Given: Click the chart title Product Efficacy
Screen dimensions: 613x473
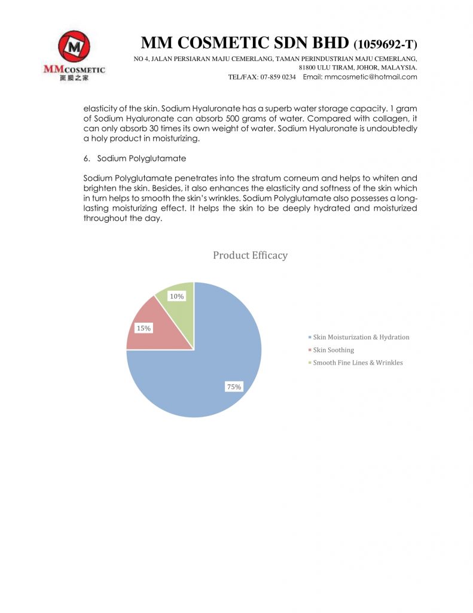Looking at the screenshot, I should pyautogui.click(x=250, y=256).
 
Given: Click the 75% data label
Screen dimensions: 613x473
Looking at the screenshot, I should pyautogui.click(x=234, y=387).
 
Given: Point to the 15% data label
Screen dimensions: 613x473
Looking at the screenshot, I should pyautogui.click(x=144, y=328).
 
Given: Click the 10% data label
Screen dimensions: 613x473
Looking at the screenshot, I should pyautogui.click(x=177, y=296).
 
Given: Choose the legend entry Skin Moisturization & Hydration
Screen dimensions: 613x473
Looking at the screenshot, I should pyautogui.click(x=361, y=337).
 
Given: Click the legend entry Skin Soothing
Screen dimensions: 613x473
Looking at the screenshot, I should pyautogui.click(x=333, y=350).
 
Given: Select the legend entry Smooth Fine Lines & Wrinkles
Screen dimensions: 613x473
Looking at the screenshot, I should pyautogui.click(x=358, y=362).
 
